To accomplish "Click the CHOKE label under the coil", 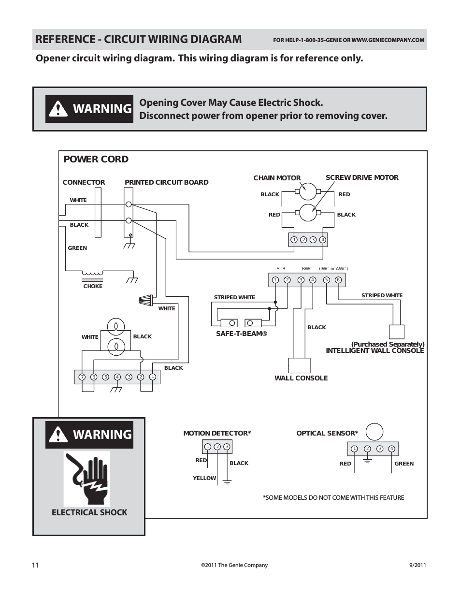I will pyautogui.click(x=93, y=286).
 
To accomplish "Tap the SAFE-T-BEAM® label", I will pyautogui.click(x=242, y=334).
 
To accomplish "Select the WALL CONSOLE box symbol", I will pyautogui.click(x=299, y=365).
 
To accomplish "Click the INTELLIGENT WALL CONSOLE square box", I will pyautogui.click(x=397, y=332).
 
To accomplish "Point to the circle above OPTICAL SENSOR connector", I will pyautogui.click(x=375, y=432).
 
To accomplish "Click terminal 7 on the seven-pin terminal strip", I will pyautogui.click(x=82, y=377).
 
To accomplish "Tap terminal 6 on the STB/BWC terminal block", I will pyautogui.click(x=338, y=280).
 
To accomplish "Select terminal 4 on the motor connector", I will pyautogui.click(x=323, y=240).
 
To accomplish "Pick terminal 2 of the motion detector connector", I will pyautogui.click(x=217, y=447).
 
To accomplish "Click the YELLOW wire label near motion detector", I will pyautogui.click(x=204, y=478).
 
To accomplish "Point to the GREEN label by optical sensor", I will pyautogui.click(x=404, y=464).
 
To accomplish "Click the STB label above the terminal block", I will pyautogui.click(x=281, y=269).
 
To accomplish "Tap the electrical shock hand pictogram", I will pyautogui.click(x=87, y=479).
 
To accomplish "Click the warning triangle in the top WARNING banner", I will pyautogui.click(x=58, y=109).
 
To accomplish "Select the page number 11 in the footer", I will pyautogui.click(x=35, y=565).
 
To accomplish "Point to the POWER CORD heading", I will pyautogui.click(x=96, y=160).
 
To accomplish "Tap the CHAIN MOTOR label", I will pyautogui.click(x=277, y=178).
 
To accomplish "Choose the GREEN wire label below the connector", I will pyautogui.click(x=77, y=248).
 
